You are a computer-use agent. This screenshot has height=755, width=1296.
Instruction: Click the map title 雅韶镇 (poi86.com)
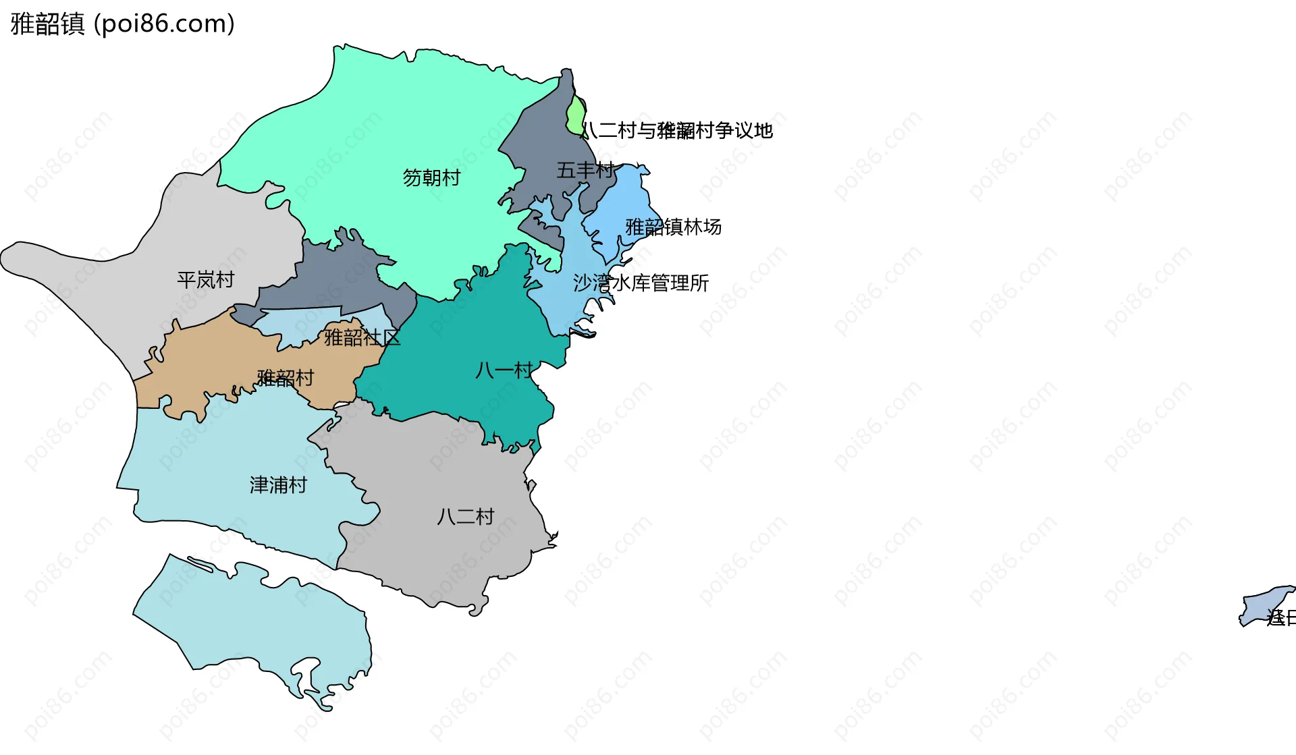pyautogui.click(x=123, y=24)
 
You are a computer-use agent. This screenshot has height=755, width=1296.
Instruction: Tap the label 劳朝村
pyautogui.click(x=431, y=177)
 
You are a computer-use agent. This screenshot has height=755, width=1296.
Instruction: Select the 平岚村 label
pyautogui.click(x=205, y=279)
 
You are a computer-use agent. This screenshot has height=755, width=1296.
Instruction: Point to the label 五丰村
pyautogui.click(x=585, y=170)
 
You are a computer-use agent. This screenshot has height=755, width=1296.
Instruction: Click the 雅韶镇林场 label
pyautogui.click(x=673, y=227)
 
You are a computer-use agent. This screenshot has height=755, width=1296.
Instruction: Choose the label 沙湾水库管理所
pyautogui.click(x=641, y=283)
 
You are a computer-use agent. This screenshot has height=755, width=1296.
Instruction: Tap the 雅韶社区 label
pyautogui.click(x=362, y=337)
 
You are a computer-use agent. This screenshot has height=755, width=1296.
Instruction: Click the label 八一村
pyautogui.click(x=504, y=370)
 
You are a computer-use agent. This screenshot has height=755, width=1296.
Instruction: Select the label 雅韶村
pyautogui.click(x=286, y=378)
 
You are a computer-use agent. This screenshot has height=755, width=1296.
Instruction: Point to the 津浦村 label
pyautogui.click(x=278, y=485)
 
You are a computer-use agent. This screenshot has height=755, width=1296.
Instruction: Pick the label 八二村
pyautogui.click(x=466, y=517)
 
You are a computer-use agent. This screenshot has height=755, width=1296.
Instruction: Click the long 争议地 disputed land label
pyautogui.click(x=677, y=130)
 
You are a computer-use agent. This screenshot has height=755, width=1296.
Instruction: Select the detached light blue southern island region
pyautogui.click(x=270, y=621)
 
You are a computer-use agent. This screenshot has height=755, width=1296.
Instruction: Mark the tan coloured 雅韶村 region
pyautogui.click(x=202, y=364)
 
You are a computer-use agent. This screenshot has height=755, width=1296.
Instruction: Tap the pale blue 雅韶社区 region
pyautogui.click(x=297, y=324)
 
